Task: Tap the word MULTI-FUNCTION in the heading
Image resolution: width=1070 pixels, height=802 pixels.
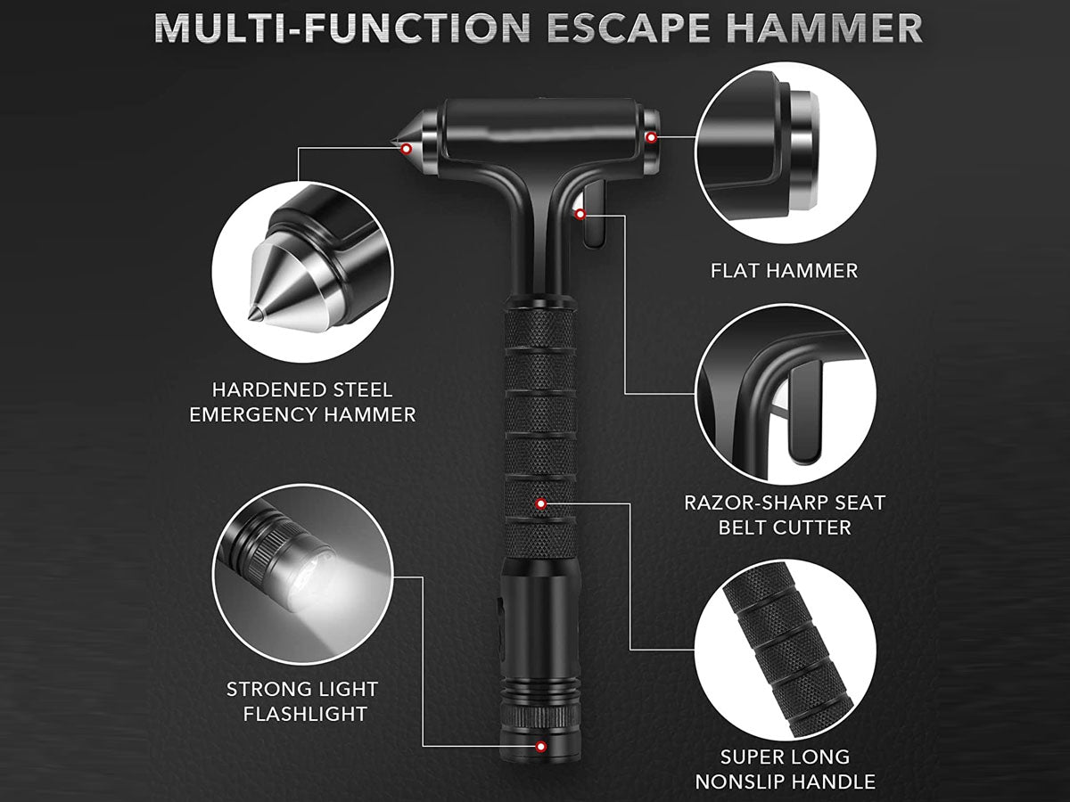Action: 342,28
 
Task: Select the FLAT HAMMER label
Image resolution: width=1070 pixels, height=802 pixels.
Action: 784,271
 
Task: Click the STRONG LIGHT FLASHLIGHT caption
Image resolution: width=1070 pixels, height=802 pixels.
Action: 302,701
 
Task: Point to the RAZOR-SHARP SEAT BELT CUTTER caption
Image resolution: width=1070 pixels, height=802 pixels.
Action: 785,515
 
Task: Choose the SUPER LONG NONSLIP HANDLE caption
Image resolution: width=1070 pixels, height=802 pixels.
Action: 785,769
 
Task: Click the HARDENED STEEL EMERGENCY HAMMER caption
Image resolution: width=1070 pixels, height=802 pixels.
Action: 302,402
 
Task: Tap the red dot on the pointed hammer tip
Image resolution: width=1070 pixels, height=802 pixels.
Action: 406,148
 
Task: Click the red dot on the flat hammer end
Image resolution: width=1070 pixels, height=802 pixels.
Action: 651,137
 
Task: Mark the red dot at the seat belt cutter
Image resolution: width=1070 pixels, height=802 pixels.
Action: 580,214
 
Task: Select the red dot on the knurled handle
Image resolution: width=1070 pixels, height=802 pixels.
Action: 540,503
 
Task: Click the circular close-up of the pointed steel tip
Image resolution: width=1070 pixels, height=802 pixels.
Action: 302,272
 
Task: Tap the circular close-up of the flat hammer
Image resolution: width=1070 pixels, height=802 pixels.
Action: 785,155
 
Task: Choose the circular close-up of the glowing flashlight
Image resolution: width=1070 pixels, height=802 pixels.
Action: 302,574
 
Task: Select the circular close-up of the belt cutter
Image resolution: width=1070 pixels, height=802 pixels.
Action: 785,394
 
